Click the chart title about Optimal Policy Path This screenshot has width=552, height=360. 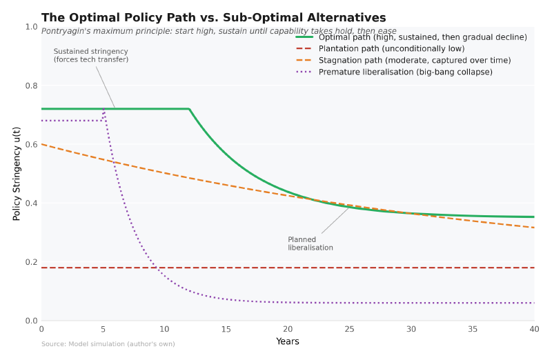pos(213,18)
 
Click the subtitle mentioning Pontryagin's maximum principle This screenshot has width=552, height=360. pos(219,31)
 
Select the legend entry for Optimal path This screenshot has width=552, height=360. pos(422,37)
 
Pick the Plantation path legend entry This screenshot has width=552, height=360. pos(391,49)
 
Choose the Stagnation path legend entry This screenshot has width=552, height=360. pos(415,61)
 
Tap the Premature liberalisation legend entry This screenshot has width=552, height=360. pos(405,72)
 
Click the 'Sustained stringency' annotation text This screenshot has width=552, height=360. pos(91,55)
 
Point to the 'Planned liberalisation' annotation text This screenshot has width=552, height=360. pos(310,243)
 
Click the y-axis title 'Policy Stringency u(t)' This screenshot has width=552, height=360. pos(17,173)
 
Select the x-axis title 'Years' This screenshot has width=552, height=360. pos(288,341)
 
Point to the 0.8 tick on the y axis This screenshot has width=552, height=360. pos(32,86)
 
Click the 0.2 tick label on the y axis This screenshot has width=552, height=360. pos(32,262)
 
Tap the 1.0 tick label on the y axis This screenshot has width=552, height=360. pos(32,27)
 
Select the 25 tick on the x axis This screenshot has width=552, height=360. pos(349,329)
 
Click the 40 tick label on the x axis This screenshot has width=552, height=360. pos(534,329)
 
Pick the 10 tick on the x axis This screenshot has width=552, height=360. pos(164,329)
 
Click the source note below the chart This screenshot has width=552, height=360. pos(108,344)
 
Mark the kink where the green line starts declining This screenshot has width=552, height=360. pos(189,109)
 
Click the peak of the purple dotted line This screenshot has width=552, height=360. pos(103,109)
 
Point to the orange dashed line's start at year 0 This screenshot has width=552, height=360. pos(41,144)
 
